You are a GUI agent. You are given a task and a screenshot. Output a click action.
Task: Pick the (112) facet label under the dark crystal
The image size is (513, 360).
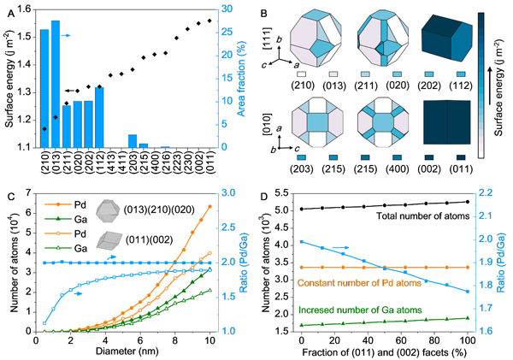(x=462, y=84)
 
